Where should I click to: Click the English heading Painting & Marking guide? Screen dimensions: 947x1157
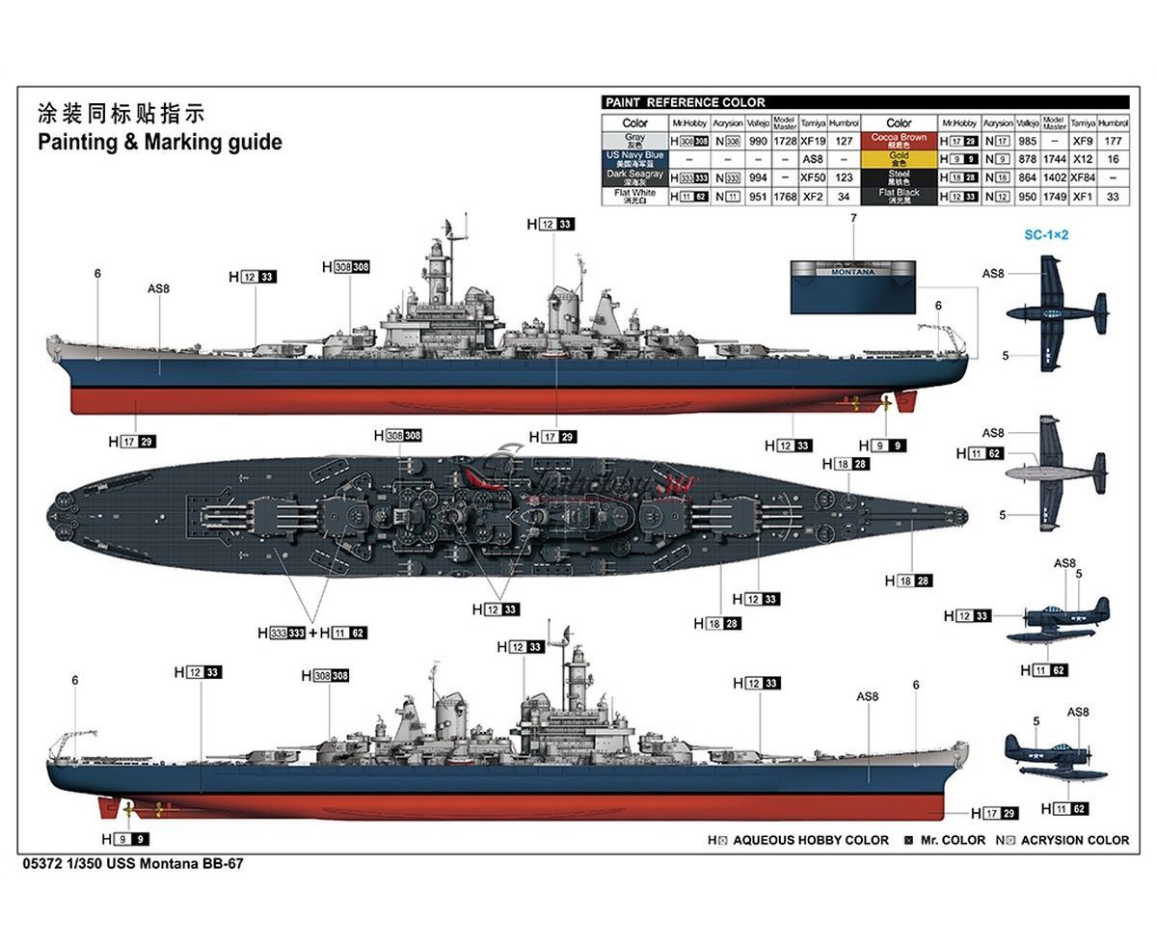[x=159, y=143]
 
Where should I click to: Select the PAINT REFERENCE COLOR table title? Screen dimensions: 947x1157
[x=684, y=102]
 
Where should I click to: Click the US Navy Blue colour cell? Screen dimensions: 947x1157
[x=634, y=159]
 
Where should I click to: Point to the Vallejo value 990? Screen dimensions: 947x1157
[x=758, y=142]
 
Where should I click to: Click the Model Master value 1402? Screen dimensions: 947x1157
[x=1054, y=177]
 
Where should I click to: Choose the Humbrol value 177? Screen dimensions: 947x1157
[x=1113, y=142]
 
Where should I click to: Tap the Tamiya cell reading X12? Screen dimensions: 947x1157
[x=1083, y=159]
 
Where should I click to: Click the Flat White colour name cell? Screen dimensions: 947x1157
[x=634, y=196]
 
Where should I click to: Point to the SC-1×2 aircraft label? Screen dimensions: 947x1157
[x=1046, y=234]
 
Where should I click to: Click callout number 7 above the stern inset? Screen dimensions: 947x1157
[x=853, y=219]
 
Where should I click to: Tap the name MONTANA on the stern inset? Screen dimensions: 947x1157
[x=853, y=272]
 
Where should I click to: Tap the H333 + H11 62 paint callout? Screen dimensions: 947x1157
[x=311, y=633]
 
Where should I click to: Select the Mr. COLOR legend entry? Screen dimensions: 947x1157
[x=953, y=840]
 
